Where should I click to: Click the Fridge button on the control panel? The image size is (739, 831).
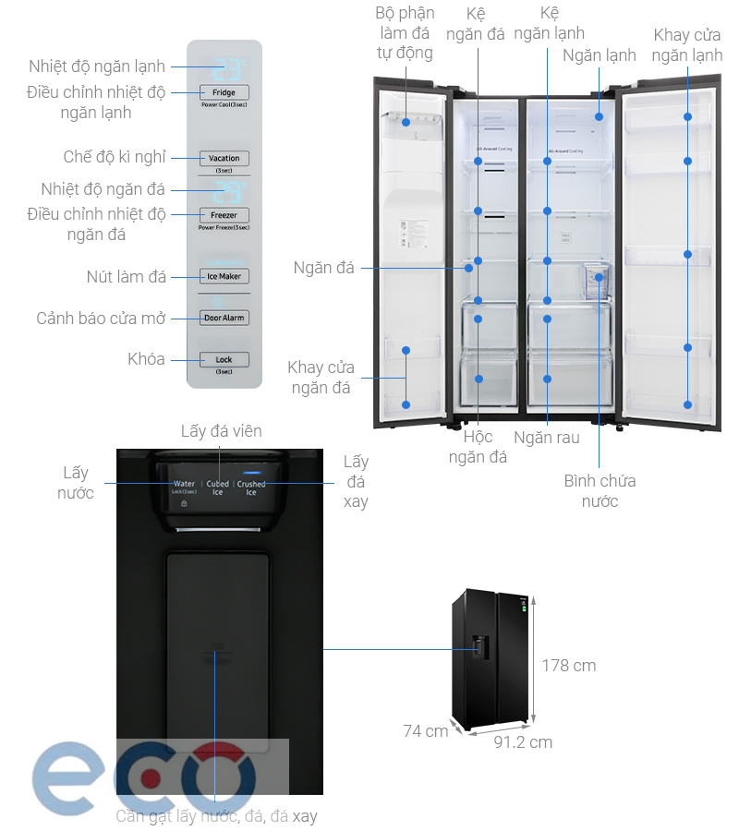point(224,92)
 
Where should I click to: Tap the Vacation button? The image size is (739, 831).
point(224,158)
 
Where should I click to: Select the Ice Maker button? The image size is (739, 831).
point(224,276)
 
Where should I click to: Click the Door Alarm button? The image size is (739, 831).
point(224,318)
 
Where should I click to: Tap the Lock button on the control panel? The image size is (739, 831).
point(224,359)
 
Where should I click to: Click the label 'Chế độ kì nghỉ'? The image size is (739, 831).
point(115,158)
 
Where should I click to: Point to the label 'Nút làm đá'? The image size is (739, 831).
point(127,276)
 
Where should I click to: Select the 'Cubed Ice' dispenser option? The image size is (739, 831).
point(218,488)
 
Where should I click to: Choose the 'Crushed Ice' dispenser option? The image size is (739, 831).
point(251,488)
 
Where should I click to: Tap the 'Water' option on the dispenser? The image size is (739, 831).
point(185,485)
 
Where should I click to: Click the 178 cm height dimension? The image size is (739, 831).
point(568,665)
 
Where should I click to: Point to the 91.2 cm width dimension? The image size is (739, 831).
point(523,741)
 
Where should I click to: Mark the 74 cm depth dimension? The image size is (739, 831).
point(425,731)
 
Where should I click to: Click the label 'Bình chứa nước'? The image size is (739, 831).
point(600,490)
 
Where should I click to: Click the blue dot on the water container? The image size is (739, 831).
point(600,276)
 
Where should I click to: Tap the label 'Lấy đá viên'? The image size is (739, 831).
point(221,431)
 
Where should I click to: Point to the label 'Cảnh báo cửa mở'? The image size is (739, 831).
point(101,319)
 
